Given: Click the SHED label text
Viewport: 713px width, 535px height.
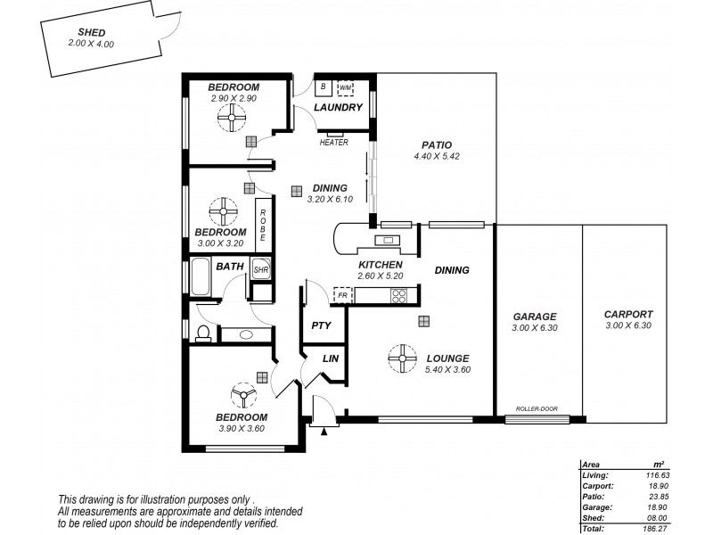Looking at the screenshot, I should (92, 32).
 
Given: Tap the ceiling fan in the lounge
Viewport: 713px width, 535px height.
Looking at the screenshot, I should (404, 359).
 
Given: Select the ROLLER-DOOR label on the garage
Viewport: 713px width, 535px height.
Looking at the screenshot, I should (537, 409).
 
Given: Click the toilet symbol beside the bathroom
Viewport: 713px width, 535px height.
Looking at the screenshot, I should (203, 333).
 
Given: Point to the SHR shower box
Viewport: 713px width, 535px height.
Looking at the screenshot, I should (261, 269).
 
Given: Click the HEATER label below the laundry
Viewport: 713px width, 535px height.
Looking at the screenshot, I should (334, 142).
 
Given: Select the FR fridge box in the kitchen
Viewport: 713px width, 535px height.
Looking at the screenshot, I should (341, 294).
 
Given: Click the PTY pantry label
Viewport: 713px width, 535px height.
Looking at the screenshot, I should (321, 325).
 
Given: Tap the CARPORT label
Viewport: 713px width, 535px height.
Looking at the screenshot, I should (628, 314).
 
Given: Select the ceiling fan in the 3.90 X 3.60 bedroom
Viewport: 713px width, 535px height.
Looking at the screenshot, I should (242, 395).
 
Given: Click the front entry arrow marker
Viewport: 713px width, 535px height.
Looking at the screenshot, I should (324, 431).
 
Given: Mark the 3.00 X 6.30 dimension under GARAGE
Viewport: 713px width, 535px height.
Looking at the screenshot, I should (535, 328).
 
